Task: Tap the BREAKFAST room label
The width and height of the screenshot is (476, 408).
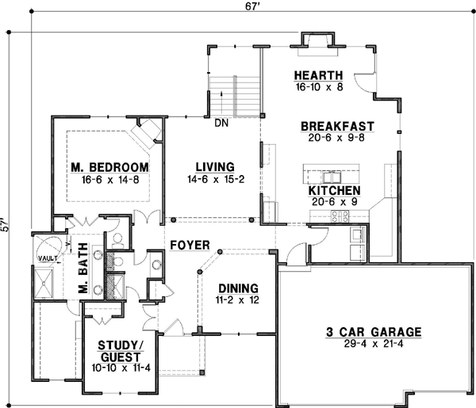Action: pyautogui.click(x=337, y=126)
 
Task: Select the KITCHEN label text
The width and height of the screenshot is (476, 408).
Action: pyautogui.click(x=334, y=191)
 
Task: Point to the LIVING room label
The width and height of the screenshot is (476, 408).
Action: pyautogui.click(x=215, y=166)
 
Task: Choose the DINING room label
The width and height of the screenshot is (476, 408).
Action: pyautogui.click(x=239, y=289)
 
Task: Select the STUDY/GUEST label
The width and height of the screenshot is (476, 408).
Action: pyautogui.click(x=121, y=350)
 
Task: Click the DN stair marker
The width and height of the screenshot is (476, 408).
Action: pyautogui.click(x=221, y=123)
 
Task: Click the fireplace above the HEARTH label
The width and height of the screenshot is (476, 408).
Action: pyautogui.click(x=318, y=42)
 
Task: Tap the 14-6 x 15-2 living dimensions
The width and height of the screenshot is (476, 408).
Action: pyautogui.click(x=215, y=179)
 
